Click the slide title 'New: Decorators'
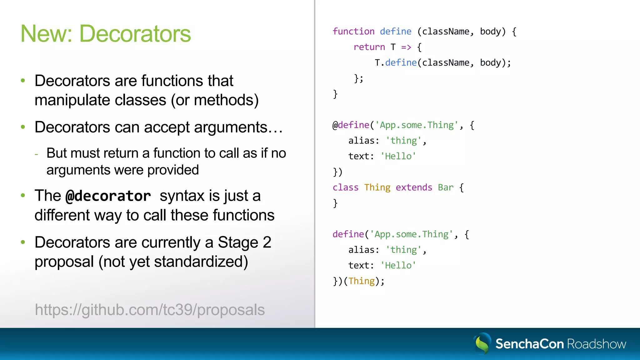(106, 34)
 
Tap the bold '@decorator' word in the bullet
(108, 196)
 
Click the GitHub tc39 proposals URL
(150, 310)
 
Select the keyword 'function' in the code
(353, 32)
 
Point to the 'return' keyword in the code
(369, 47)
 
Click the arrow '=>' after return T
(406, 47)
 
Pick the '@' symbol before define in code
(335, 125)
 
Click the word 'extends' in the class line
(414, 187)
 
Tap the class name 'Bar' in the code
(445, 187)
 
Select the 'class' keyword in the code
(345, 187)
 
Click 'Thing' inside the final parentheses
(362, 281)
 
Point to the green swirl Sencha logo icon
(482, 343)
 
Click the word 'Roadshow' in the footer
(597, 344)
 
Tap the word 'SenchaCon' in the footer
(529, 344)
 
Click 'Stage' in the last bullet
(238, 243)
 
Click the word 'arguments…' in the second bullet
(238, 127)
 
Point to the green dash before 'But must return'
(37, 154)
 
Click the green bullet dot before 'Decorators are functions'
(23, 81)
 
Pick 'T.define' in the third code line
(395, 63)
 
